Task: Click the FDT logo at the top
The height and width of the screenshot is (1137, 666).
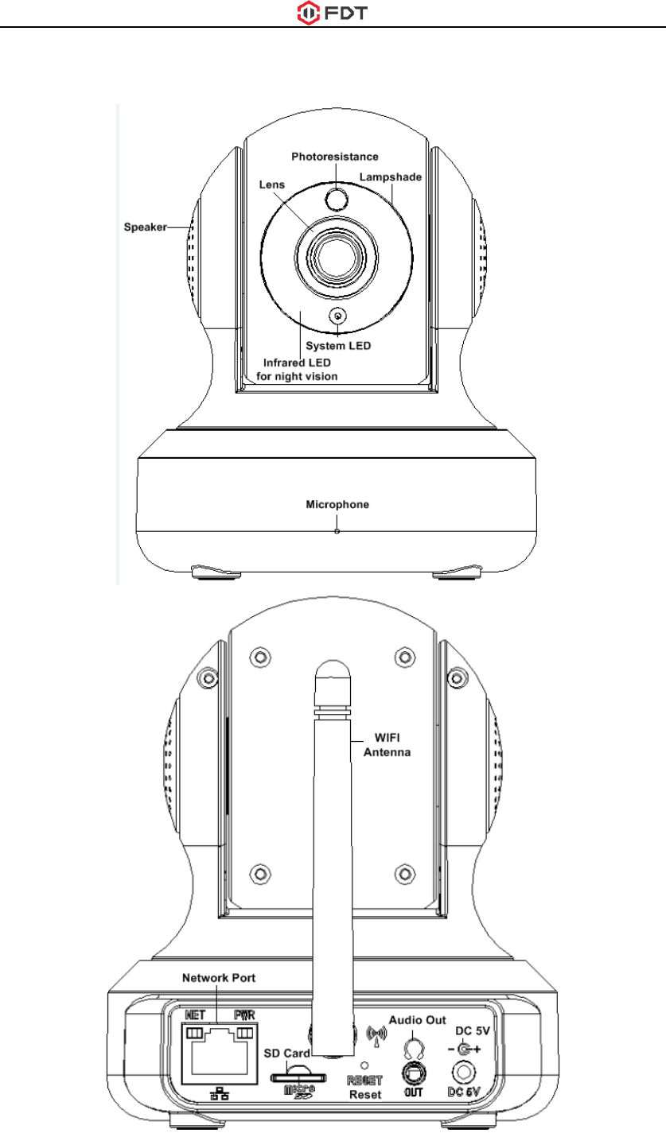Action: tap(333, 13)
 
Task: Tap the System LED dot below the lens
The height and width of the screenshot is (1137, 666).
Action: tap(338, 316)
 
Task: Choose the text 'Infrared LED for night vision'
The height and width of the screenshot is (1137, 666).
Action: tap(302, 370)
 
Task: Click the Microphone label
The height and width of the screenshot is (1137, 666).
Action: tap(338, 504)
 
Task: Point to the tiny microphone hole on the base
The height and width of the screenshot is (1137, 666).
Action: tap(337, 530)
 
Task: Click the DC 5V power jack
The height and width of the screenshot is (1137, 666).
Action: tap(462, 1073)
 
